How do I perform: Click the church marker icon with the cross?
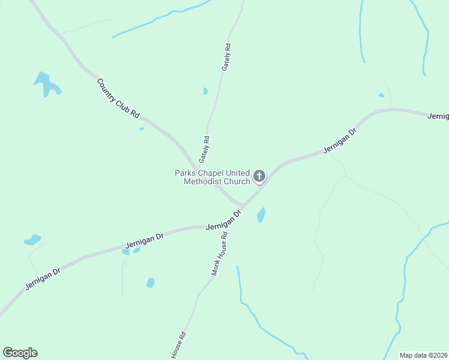(259, 176)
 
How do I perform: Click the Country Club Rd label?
(118, 98)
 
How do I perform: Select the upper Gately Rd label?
(226, 58)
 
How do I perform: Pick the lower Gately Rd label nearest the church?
(204, 149)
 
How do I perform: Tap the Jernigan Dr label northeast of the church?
(340, 140)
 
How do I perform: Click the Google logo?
(20, 353)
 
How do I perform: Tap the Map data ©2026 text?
(423, 355)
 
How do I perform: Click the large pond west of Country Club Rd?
(46, 84)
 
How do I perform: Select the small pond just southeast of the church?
(261, 215)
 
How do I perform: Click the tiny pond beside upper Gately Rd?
(205, 91)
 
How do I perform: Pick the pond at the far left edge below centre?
(32, 240)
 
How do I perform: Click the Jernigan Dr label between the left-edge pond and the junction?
(144, 241)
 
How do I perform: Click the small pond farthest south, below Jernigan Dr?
(150, 283)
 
